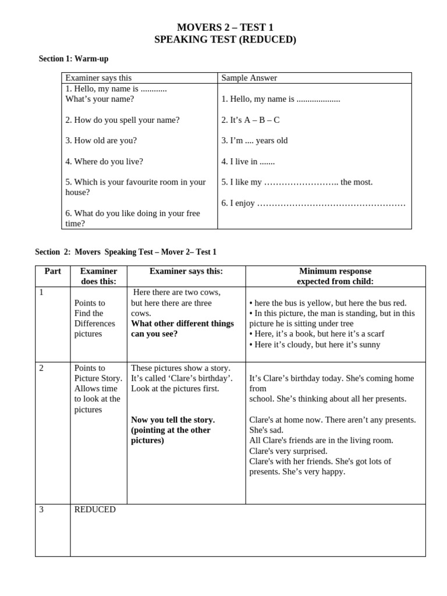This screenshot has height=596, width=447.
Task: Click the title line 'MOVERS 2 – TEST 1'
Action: tap(225, 27)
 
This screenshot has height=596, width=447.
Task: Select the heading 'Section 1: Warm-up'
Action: tap(73, 59)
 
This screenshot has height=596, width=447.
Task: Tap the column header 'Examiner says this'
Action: tap(98, 78)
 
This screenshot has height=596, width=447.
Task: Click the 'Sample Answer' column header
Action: tap(249, 78)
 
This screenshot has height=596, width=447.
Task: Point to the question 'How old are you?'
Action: tap(101, 140)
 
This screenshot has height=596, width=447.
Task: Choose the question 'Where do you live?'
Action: tap(104, 161)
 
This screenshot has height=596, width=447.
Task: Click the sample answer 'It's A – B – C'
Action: tap(250, 120)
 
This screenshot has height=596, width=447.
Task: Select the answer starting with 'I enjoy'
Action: tap(313, 203)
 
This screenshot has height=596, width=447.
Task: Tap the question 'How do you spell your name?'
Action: tap(122, 120)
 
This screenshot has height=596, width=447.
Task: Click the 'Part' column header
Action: tap(52, 271)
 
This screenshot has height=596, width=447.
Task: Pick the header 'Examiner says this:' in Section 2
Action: tap(186, 271)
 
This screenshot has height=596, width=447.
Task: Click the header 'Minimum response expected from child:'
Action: tap(335, 276)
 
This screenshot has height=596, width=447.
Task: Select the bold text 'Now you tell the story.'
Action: tap(173, 420)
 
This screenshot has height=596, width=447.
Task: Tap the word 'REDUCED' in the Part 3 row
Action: tap(95, 509)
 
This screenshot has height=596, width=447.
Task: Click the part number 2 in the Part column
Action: tap(41, 368)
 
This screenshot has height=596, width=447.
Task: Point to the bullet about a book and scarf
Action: tap(317, 334)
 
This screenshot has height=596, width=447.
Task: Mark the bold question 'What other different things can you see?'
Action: tap(182, 328)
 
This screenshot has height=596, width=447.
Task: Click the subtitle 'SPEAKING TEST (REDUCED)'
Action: tap(225, 40)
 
